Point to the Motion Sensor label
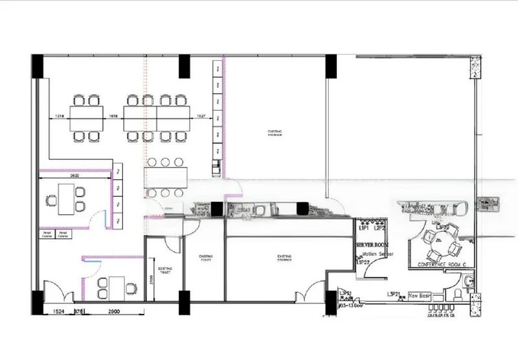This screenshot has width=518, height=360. pyautogui.click(x=375, y=254)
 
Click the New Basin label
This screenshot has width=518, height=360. pyautogui.click(x=418, y=296)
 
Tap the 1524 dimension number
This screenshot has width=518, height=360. pyautogui.click(x=58, y=312)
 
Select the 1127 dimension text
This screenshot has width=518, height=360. pyautogui.click(x=201, y=117)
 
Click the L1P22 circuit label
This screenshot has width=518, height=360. pyautogui.click(x=362, y=262)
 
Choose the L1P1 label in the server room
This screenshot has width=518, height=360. pyautogui.click(x=363, y=229)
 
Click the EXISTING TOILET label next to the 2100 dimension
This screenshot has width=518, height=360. pyautogui.click(x=164, y=269)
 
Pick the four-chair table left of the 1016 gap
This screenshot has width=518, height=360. pyautogui.click(x=86, y=117)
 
